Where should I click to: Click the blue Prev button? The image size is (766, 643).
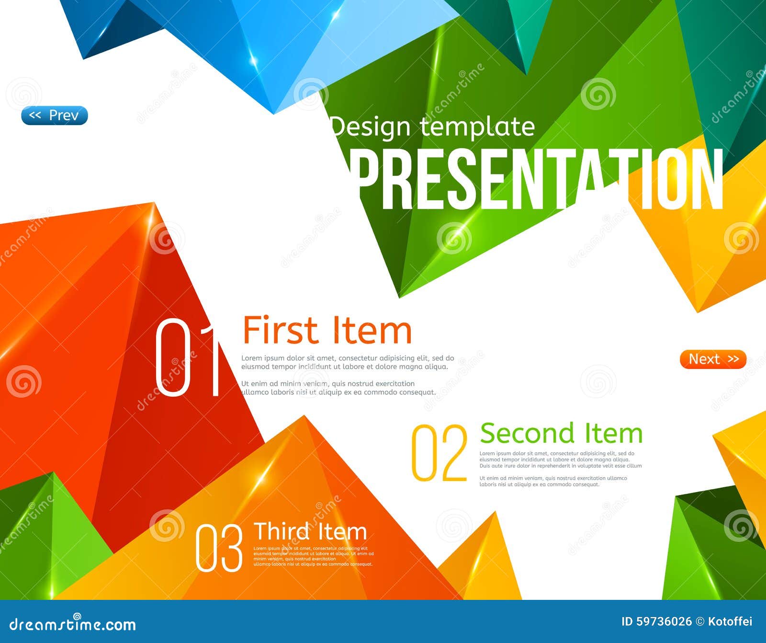55,115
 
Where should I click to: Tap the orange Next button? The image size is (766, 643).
713,359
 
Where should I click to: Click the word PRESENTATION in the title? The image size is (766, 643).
536,180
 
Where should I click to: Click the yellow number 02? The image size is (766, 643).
439,453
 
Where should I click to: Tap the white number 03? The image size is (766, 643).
219,548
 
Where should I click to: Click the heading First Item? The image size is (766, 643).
327,331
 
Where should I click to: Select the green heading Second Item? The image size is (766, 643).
561,433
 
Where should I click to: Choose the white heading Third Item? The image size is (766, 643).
310,532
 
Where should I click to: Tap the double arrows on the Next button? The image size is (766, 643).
733,359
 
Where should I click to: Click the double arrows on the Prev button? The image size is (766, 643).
35,115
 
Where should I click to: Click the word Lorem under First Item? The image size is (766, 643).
251,358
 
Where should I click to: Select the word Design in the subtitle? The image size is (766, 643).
371,127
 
